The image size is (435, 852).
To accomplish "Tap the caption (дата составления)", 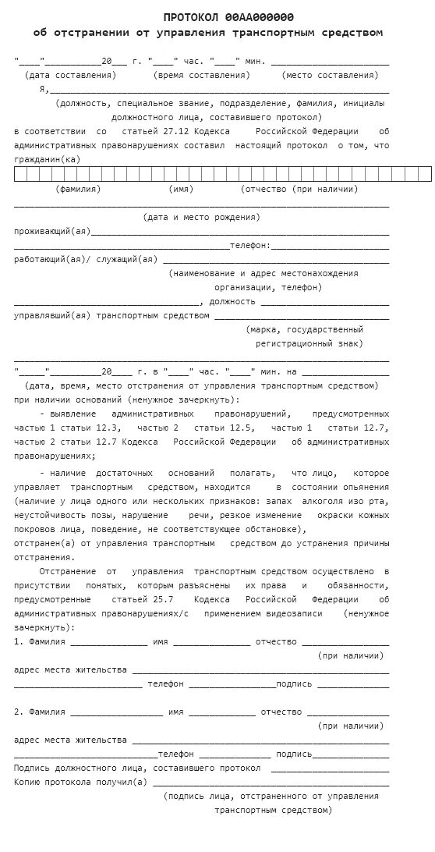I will click(71, 75).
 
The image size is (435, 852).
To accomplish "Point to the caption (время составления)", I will click(203, 75).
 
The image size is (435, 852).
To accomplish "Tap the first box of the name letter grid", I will click(19, 174).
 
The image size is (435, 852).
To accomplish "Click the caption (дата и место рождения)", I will click(202, 218).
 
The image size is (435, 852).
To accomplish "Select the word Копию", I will click(30, 782).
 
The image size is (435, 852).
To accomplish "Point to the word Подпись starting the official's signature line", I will click(33, 769).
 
